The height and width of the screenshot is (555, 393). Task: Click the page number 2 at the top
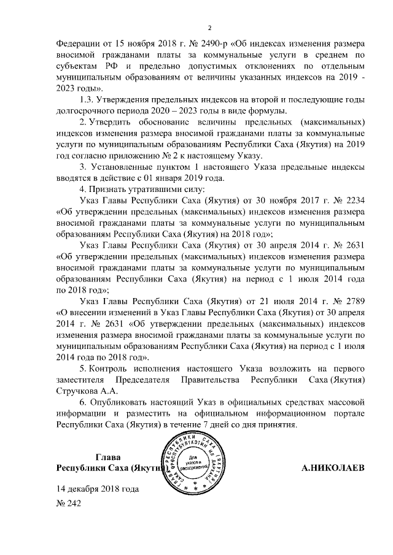pos(209,28)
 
